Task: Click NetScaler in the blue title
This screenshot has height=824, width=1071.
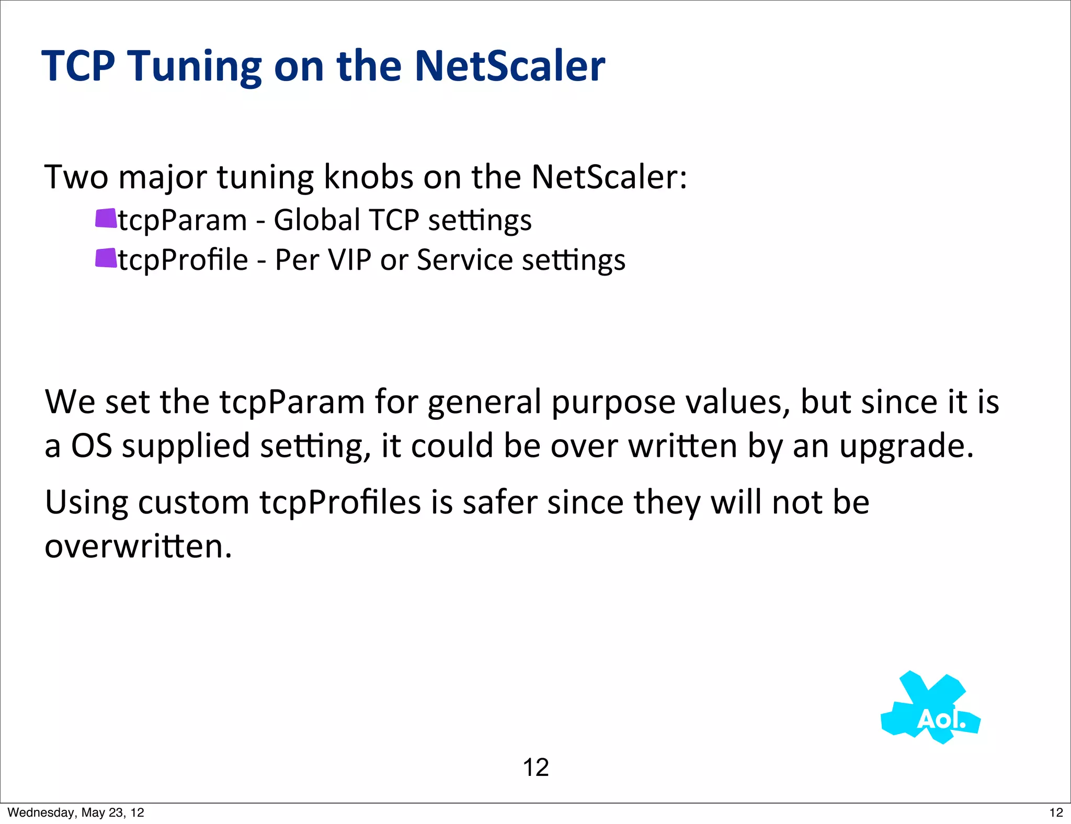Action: point(509,66)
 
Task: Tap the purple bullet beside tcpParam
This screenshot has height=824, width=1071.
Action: point(106,219)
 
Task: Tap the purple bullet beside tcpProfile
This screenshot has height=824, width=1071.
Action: point(106,258)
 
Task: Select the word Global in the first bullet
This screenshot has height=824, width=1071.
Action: point(317,220)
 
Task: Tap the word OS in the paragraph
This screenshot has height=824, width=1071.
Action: point(92,446)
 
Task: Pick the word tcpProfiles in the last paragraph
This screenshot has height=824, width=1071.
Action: point(340,502)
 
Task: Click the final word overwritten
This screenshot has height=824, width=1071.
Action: point(138,547)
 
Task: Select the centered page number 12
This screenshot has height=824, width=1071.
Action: point(535,768)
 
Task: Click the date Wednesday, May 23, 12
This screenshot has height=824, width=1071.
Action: point(76,812)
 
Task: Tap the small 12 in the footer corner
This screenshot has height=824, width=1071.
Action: point(1056,812)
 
